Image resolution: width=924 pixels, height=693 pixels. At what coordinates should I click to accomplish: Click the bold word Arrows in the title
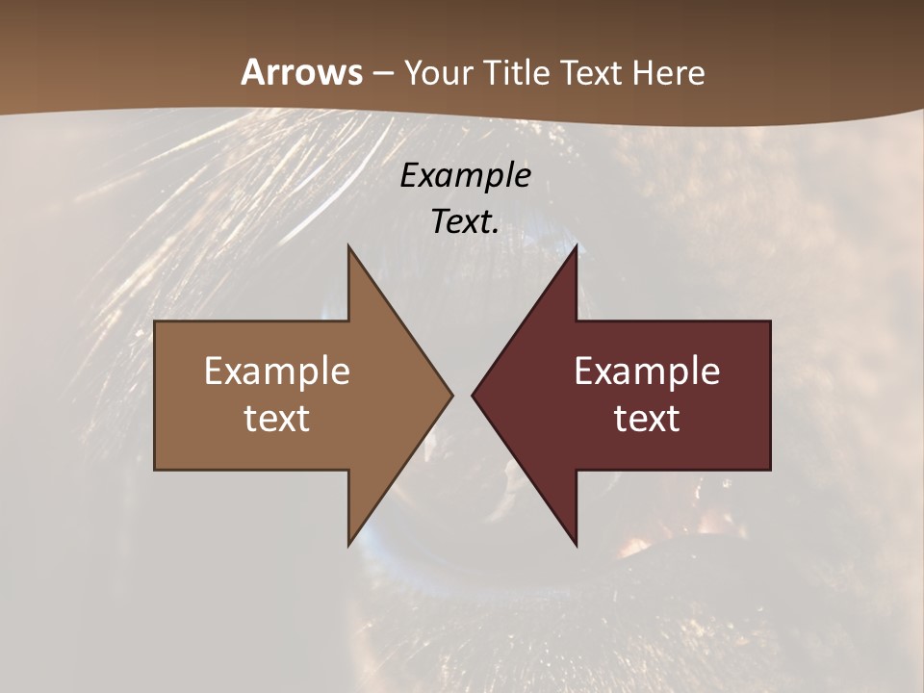(301, 72)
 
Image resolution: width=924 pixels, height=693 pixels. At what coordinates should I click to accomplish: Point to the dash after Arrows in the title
(382, 74)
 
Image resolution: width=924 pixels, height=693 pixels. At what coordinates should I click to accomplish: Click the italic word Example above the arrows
(465, 175)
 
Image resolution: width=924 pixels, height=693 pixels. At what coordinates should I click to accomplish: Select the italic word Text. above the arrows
(465, 221)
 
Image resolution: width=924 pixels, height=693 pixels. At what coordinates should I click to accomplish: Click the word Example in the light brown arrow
(276, 371)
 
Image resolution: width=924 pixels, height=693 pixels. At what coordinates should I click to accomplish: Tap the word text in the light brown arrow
(276, 418)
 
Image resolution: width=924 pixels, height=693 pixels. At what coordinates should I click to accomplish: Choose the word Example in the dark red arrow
(647, 371)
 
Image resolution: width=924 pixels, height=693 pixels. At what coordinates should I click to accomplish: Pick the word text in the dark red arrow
(647, 418)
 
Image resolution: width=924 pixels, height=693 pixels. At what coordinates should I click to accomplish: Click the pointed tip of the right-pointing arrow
(452, 395)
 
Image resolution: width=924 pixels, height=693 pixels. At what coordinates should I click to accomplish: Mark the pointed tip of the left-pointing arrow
(473, 395)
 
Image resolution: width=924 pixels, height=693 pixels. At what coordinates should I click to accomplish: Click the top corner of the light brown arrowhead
(348, 245)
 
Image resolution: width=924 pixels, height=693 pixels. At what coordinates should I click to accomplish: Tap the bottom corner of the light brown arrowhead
(348, 545)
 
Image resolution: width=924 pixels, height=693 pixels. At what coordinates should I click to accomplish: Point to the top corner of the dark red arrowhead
(577, 245)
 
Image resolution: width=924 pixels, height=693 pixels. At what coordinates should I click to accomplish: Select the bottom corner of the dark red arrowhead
(577, 545)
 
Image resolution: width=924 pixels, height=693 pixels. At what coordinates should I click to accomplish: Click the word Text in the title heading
(590, 72)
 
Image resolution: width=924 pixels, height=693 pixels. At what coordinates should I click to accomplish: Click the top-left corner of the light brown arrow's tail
(155, 321)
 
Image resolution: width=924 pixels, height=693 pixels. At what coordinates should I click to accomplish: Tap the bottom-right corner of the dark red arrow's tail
(770, 470)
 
